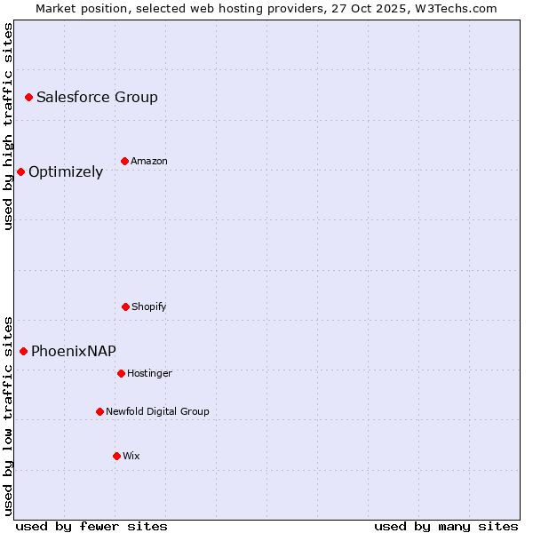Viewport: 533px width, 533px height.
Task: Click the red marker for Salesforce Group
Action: (x=28, y=97)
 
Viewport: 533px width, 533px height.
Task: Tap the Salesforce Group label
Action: (x=97, y=98)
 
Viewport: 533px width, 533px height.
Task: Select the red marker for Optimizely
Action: (x=20, y=171)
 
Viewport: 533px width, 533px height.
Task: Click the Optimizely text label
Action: (x=66, y=172)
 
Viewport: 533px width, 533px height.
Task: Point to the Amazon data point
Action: (x=124, y=161)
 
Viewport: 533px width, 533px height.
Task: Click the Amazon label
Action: (x=149, y=162)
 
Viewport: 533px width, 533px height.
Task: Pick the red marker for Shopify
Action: (x=125, y=306)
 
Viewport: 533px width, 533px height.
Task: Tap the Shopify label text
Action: (x=149, y=307)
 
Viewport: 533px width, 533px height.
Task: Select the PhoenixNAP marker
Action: (x=23, y=351)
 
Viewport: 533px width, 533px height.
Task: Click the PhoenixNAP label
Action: (x=74, y=352)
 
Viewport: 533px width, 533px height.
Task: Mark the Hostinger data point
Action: (x=121, y=373)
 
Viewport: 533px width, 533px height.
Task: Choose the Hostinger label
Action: (x=149, y=374)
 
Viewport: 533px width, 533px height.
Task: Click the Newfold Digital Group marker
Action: (x=99, y=411)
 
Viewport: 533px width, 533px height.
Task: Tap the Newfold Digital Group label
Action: (x=157, y=412)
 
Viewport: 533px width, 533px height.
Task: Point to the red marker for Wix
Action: (x=116, y=456)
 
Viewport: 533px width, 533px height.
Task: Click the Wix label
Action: (x=131, y=457)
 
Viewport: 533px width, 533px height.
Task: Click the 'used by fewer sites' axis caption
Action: (x=91, y=526)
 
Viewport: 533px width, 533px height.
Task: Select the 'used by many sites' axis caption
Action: (x=446, y=526)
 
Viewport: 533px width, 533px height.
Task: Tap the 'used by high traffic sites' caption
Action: (x=9, y=126)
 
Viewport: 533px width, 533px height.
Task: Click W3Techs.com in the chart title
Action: (x=453, y=8)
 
